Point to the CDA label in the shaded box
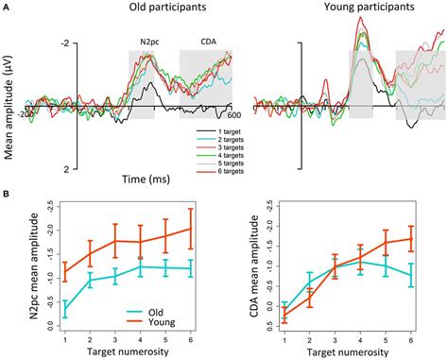(204, 43)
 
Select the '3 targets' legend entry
(220, 148)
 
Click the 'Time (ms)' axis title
(123, 178)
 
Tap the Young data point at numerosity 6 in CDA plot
(410, 238)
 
